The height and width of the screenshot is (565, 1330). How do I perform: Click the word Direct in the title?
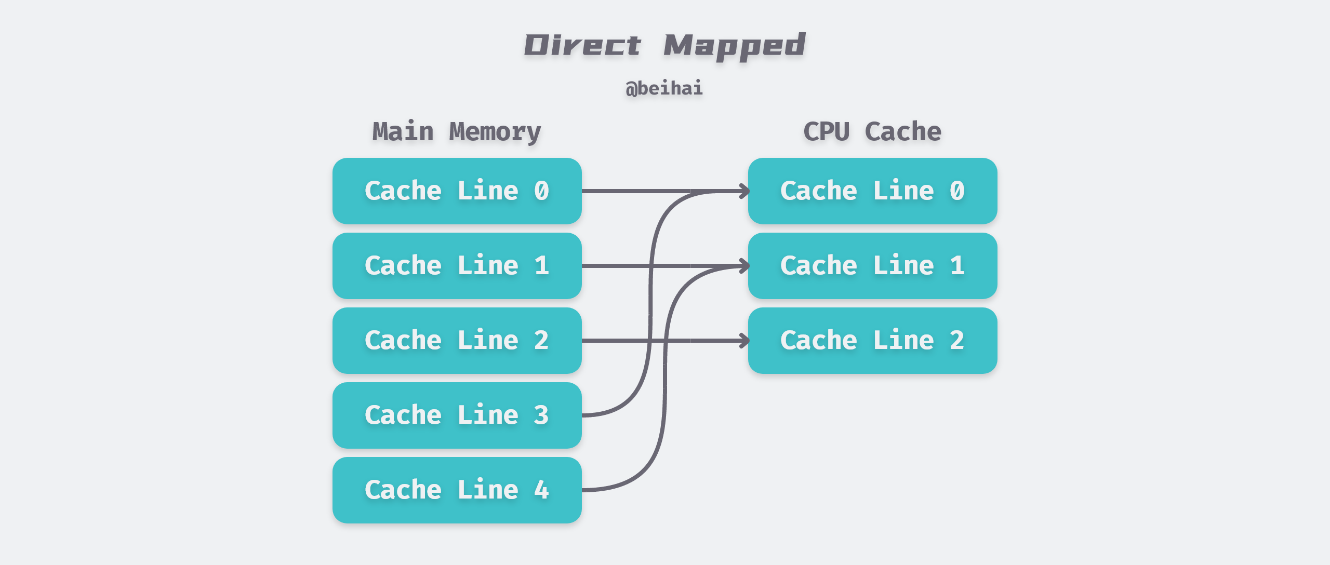(x=582, y=45)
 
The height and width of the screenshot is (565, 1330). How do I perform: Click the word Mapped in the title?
(x=734, y=46)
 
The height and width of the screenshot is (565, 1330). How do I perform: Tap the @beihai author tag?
(x=664, y=88)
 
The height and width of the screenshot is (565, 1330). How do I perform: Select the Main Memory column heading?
(x=456, y=131)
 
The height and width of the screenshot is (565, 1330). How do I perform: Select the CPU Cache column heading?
(x=872, y=131)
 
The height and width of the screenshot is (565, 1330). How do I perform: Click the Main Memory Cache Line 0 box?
(x=457, y=191)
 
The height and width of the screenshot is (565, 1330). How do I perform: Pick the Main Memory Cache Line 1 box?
(x=457, y=266)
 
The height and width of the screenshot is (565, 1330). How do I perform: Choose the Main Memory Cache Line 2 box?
(x=457, y=341)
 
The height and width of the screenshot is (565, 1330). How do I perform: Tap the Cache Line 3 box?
(x=457, y=415)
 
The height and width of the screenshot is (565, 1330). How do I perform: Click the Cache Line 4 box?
(x=457, y=490)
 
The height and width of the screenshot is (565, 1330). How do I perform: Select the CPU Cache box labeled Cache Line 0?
(x=872, y=191)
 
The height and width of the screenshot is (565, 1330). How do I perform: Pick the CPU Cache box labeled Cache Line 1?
(x=872, y=266)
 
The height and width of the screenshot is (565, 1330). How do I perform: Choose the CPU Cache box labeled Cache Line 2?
(x=872, y=341)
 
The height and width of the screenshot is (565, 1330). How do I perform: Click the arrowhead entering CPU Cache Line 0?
(x=744, y=191)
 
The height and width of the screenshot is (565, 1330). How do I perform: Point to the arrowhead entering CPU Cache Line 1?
(x=744, y=266)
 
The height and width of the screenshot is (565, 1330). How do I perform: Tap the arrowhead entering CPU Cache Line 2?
(x=744, y=341)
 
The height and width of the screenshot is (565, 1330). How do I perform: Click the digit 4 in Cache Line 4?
(x=541, y=490)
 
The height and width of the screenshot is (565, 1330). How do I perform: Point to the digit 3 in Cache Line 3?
(x=541, y=415)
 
